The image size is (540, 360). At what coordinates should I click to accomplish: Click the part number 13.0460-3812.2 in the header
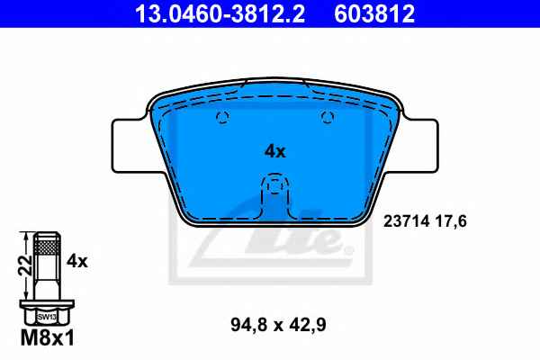(x=220, y=13)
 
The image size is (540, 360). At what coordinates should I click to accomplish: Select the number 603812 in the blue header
(x=374, y=13)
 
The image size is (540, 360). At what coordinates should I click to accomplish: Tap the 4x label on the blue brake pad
(x=275, y=151)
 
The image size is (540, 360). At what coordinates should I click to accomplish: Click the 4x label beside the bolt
(x=77, y=262)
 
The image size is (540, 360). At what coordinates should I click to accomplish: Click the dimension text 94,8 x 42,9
(x=278, y=325)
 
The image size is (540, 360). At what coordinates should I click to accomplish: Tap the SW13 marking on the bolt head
(x=47, y=317)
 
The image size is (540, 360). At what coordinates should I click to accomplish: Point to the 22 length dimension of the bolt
(x=25, y=265)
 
